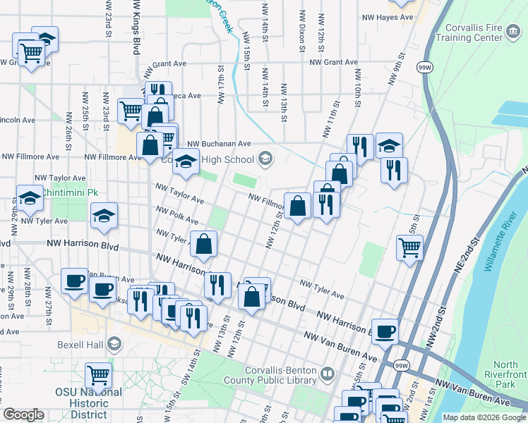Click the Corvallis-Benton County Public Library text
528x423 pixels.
coord(280,379)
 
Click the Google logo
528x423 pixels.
coord(23,415)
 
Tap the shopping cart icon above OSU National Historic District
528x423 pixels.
coord(97,374)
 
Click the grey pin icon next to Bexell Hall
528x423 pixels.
coord(114,345)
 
